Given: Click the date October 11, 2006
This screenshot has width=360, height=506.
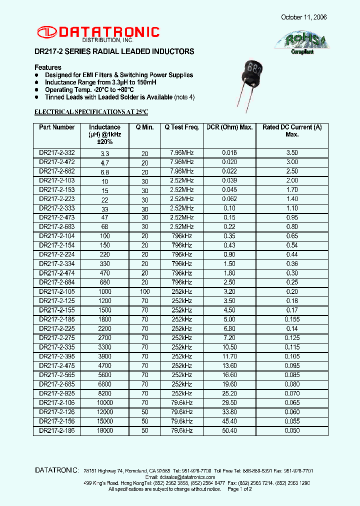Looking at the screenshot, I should (303, 17).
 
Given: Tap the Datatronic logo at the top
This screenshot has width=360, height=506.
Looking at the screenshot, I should (98, 33).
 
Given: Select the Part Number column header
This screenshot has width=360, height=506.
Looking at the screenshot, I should (56, 127).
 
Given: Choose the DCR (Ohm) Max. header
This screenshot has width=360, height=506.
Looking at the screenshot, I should (229, 127).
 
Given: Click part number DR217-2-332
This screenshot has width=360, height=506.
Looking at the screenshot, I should (56, 153).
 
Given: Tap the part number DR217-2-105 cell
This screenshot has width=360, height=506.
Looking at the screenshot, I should (56, 291).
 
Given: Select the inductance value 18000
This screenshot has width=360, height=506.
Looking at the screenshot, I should (104, 430).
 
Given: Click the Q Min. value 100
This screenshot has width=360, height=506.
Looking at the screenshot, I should (145, 291).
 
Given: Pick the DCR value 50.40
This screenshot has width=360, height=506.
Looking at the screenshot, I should (229, 430).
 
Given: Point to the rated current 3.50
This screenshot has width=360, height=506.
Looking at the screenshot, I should (291, 153).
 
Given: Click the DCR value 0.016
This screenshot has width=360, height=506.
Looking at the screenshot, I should (229, 153).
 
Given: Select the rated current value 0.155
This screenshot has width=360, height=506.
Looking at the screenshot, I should (291, 319).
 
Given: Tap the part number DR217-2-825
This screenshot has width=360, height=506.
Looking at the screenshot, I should (56, 393).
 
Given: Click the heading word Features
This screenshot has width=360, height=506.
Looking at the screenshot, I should (48, 67).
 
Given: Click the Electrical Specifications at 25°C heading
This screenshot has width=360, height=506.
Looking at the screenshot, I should (91, 111).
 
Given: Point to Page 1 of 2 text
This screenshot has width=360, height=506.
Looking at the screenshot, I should (240, 489).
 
